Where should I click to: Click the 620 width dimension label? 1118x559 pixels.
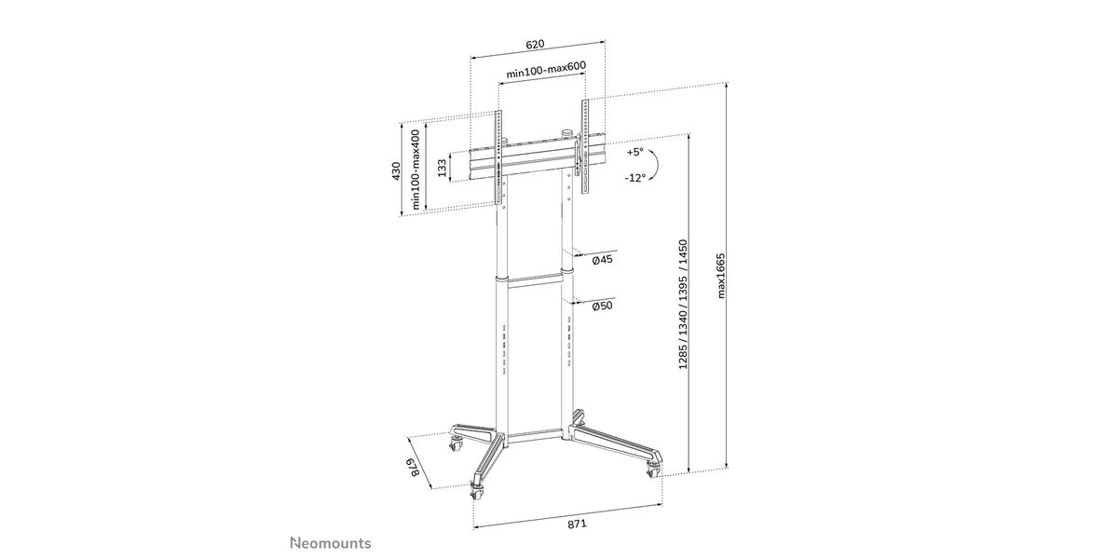click(535, 44)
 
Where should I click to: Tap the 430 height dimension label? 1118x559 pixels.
click(396, 171)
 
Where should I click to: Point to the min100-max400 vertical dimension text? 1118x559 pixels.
click(416, 170)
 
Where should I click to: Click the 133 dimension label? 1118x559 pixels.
click(442, 169)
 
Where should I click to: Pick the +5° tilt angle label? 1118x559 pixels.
click(635, 152)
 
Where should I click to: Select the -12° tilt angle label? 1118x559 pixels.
click(634, 177)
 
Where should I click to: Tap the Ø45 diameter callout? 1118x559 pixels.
click(603, 260)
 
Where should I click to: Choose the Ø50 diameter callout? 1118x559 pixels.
click(603, 306)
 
